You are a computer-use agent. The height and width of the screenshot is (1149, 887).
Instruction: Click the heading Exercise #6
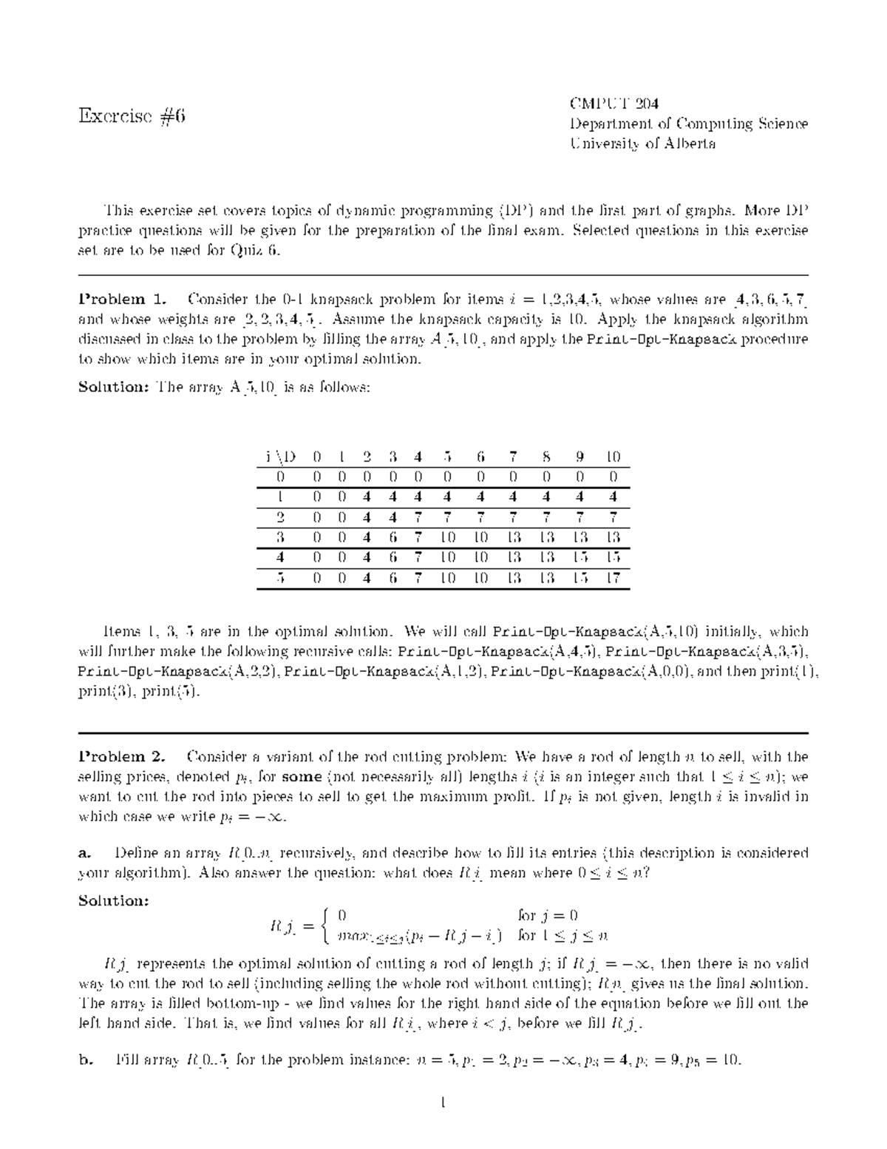(x=132, y=115)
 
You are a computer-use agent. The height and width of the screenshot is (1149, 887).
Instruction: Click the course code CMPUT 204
(x=614, y=103)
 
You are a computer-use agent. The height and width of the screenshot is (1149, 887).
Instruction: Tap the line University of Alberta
(x=642, y=144)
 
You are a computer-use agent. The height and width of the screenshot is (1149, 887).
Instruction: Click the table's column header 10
(x=613, y=456)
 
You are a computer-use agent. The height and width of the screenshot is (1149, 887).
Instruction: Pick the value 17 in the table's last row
(x=613, y=578)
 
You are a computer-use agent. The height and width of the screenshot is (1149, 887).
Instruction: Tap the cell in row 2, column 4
(x=418, y=517)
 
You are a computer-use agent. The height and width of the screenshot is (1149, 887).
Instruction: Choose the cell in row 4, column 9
(x=580, y=558)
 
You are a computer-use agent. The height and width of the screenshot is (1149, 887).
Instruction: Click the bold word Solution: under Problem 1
(x=114, y=388)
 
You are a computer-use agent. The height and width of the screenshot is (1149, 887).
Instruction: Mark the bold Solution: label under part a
(x=114, y=901)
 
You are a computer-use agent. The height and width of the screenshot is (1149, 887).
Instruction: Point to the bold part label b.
(x=85, y=1060)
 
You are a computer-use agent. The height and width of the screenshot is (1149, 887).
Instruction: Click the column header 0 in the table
(x=317, y=456)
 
